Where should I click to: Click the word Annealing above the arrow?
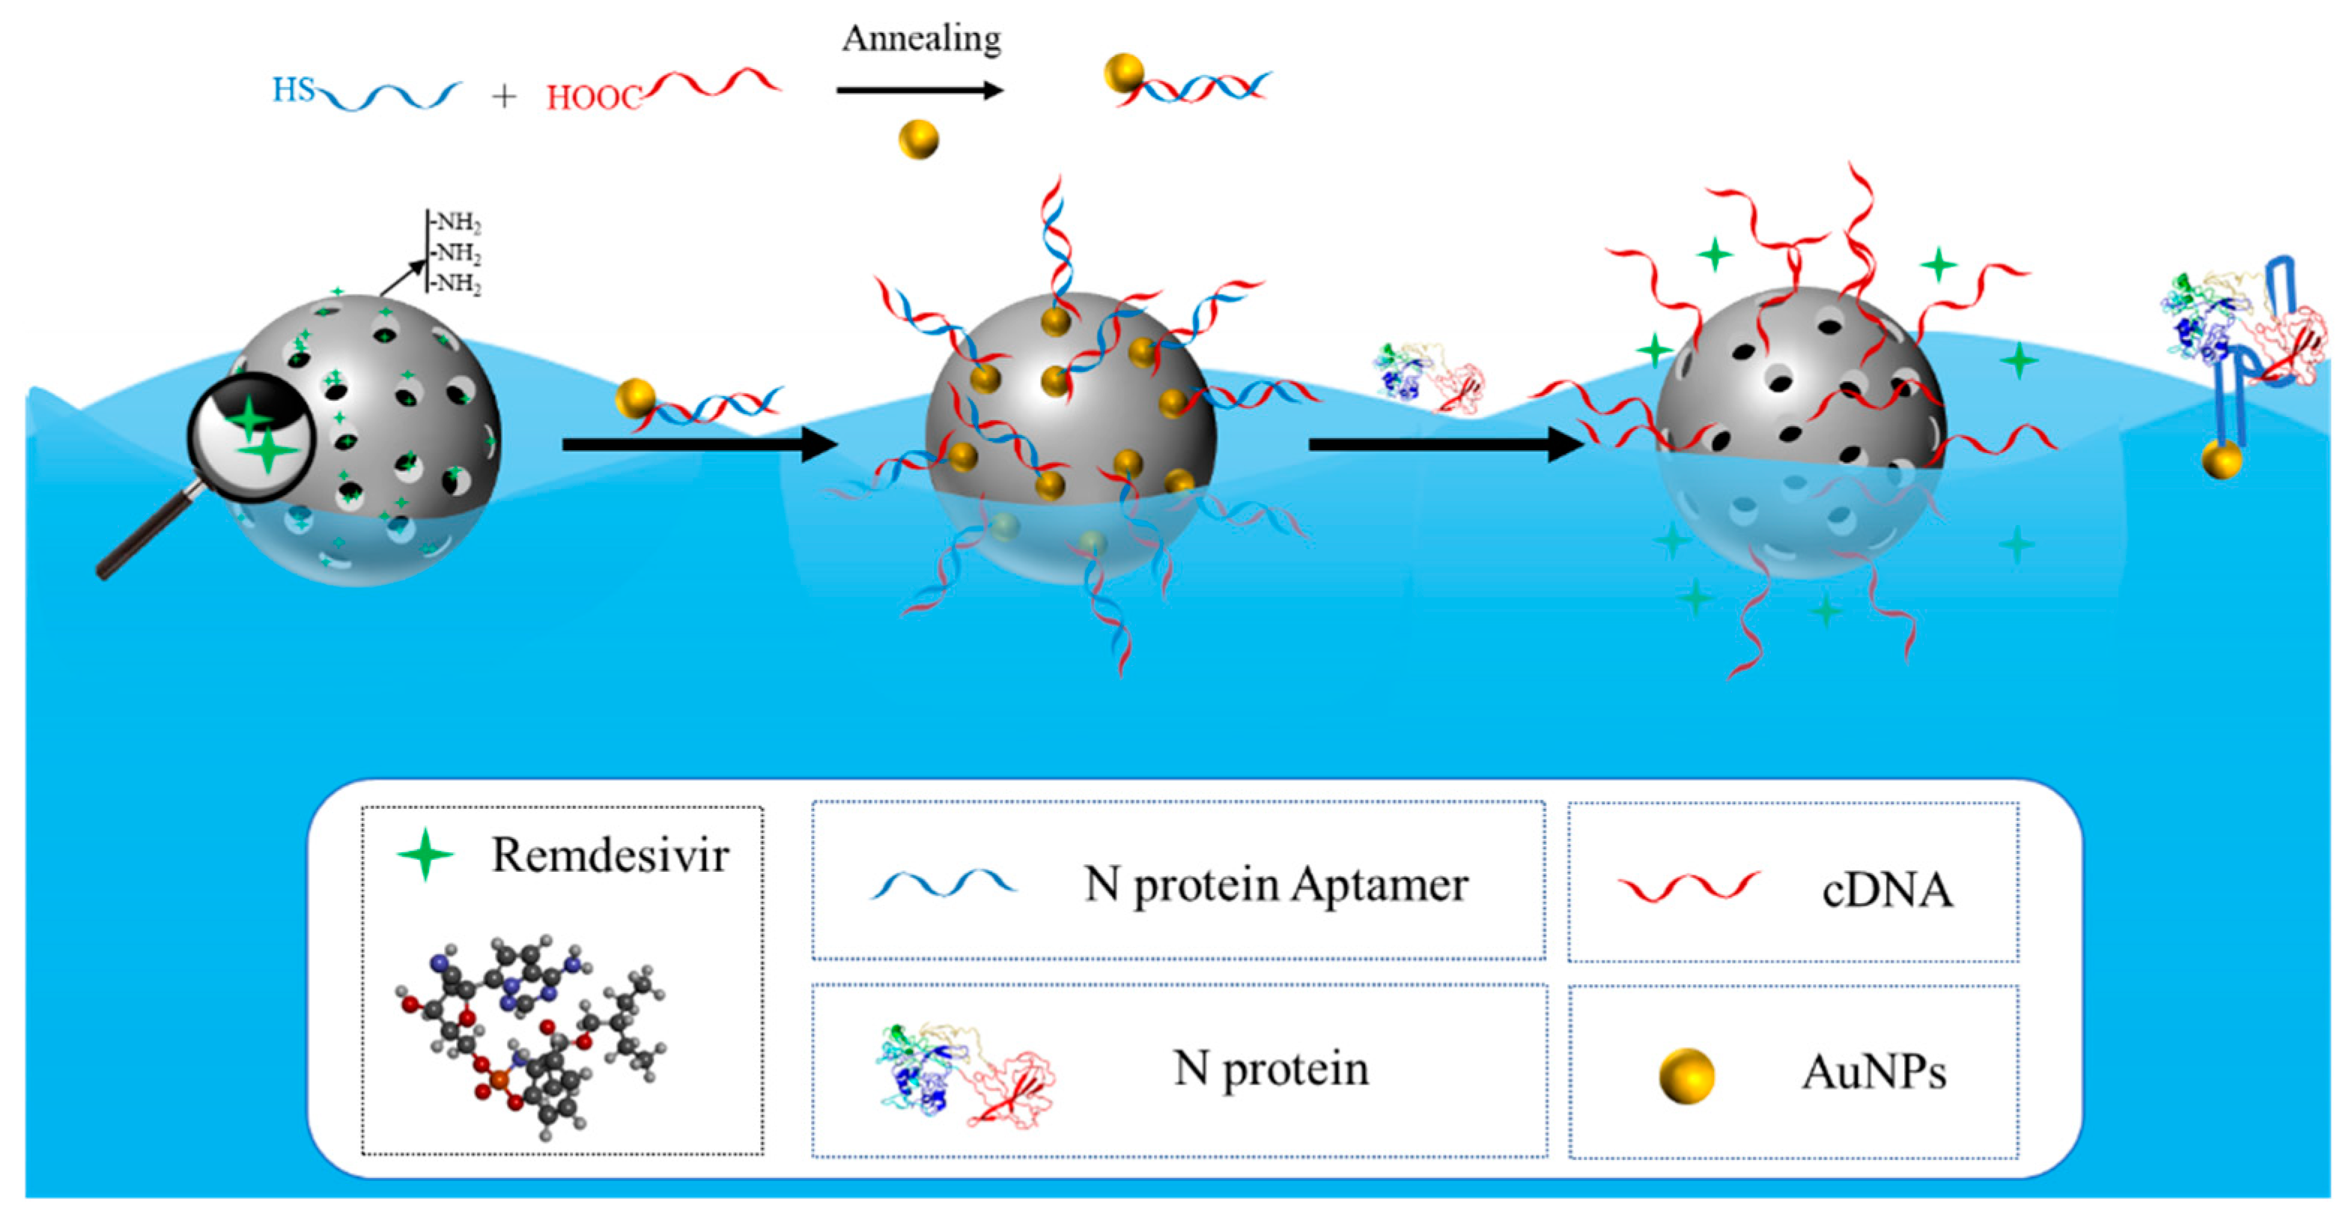pos(921,38)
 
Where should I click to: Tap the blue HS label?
pos(294,89)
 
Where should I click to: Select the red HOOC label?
pos(594,97)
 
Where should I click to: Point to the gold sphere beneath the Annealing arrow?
pos(918,139)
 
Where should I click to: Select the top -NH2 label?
pos(456,222)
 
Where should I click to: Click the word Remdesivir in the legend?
pos(610,855)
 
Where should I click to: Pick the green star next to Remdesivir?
pos(425,855)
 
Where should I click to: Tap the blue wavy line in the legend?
pos(943,883)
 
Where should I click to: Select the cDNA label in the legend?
pos(1887,890)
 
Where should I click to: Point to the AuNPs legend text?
pos(1874,1072)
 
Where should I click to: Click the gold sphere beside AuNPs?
pos(1686,1075)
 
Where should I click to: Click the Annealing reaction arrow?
pos(920,90)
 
